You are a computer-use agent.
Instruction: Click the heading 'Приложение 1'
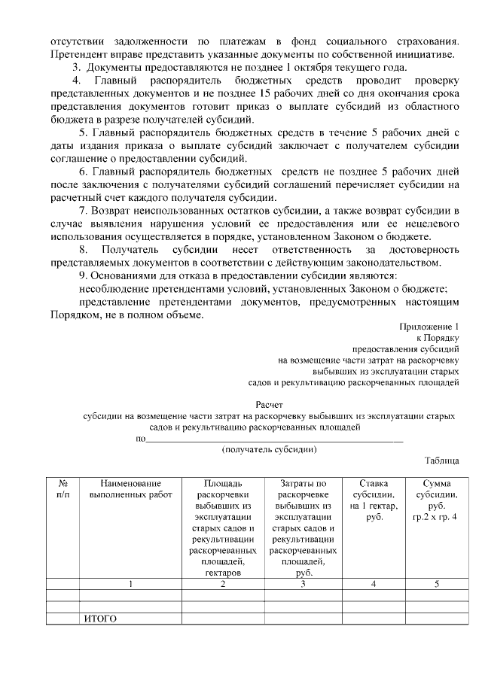[429, 327]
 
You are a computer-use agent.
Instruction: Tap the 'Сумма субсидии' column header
[435, 500]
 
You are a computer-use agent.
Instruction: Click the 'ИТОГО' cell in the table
[100, 619]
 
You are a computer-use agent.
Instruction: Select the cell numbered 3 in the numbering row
[301, 584]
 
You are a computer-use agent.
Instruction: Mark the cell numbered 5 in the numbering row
[435, 584]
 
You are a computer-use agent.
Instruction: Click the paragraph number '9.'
[84, 275]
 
